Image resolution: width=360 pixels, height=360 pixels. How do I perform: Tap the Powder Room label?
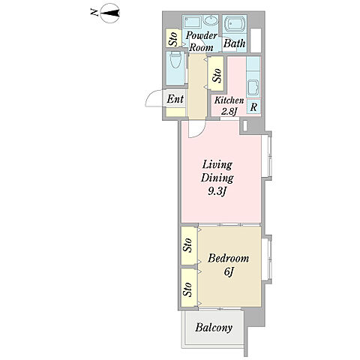201,41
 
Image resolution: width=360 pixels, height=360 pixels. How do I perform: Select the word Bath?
234,43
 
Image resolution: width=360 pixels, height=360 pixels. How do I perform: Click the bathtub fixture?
235,24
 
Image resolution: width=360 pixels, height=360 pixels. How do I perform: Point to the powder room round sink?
211,20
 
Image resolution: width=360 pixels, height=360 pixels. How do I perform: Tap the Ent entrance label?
175,99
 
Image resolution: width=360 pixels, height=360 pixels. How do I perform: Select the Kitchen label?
229,100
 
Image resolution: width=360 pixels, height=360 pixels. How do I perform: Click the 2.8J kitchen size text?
229,112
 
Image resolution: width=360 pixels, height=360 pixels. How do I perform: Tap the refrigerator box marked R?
253,107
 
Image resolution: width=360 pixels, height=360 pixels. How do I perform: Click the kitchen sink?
253,88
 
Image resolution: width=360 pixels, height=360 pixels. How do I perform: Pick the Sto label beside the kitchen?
217,75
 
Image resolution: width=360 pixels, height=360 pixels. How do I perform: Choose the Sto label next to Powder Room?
173,39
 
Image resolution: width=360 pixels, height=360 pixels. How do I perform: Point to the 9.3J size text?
217,192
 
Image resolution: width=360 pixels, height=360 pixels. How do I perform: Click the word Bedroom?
228,258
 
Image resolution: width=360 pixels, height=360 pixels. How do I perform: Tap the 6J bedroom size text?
229,271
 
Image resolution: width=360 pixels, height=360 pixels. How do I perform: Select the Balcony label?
214,328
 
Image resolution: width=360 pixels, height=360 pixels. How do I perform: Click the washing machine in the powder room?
192,22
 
